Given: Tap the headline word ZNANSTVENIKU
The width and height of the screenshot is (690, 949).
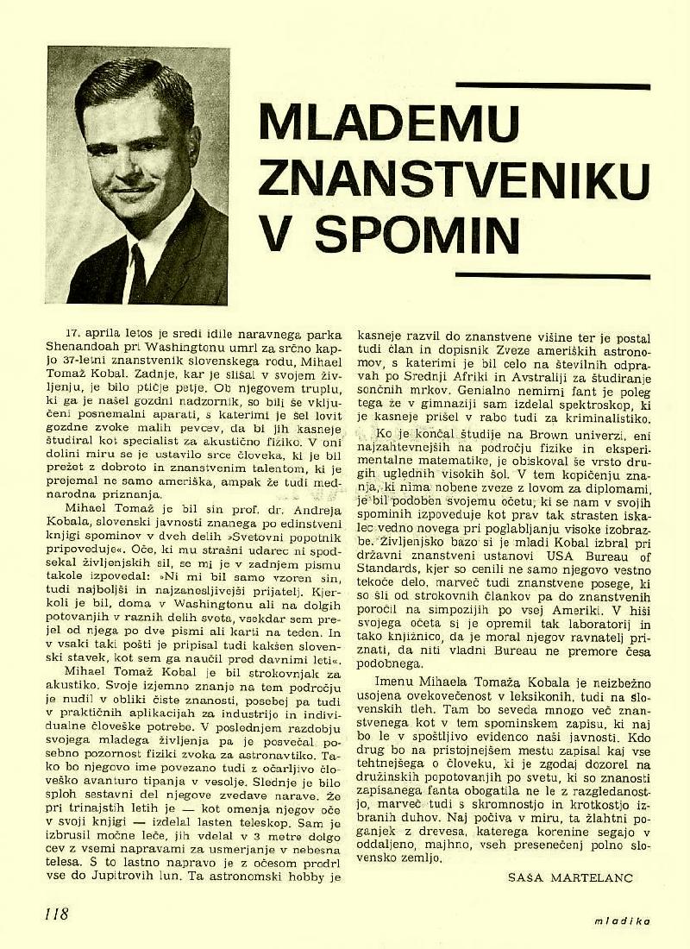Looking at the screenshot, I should point(455,179).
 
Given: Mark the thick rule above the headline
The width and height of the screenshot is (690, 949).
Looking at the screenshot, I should point(552,86).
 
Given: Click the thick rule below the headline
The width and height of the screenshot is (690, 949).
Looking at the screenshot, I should point(552,276).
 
